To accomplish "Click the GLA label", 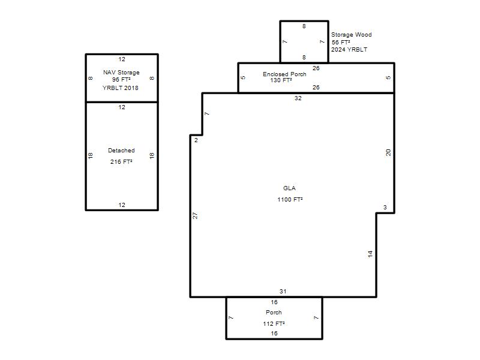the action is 289,188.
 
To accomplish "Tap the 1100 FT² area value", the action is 290,200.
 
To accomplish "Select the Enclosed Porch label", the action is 284,74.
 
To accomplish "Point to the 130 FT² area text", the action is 281,80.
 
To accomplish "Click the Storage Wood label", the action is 352,35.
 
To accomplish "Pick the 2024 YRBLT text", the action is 349,50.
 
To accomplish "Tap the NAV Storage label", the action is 121,73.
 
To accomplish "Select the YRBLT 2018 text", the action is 121,88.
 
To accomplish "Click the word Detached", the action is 121,151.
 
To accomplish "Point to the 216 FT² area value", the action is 121,162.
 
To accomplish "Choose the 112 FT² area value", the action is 274,324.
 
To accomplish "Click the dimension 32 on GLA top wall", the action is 298,98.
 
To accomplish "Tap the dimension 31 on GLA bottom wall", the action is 283,292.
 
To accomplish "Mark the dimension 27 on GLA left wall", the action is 195,215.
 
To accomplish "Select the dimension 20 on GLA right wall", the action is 388,152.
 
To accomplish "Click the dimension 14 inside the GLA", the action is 370,254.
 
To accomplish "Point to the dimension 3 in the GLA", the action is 385,208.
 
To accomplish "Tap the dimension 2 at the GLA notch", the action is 196,140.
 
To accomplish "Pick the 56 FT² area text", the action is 341,43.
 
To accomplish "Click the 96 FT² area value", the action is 121,80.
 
